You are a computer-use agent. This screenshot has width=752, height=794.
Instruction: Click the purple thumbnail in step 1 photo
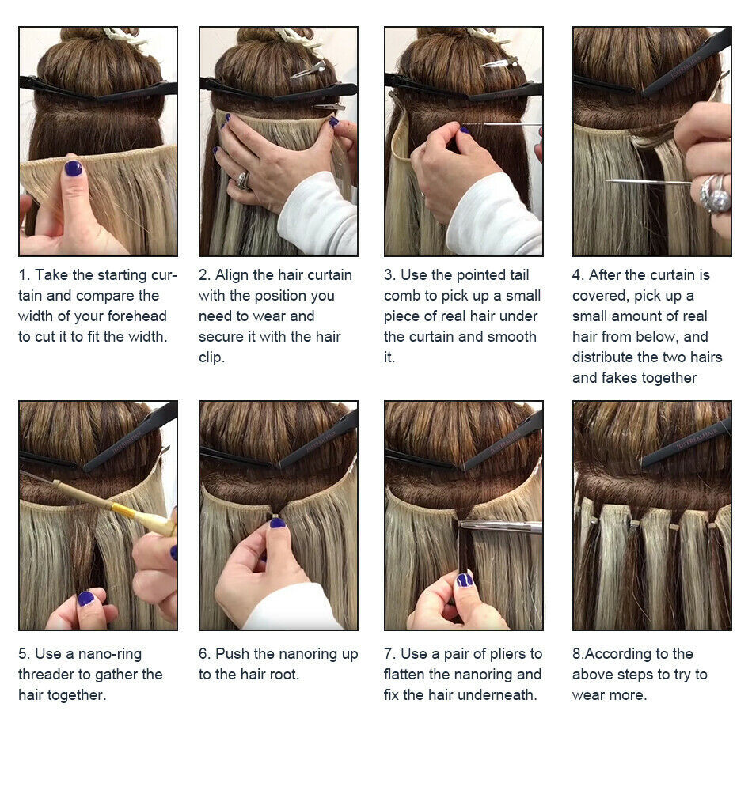point(74,168)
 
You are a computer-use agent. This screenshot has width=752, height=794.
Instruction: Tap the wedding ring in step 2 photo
point(243,180)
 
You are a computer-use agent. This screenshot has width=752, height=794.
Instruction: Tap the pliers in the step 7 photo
point(500,527)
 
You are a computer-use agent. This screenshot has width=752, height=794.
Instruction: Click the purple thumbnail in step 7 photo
point(464,580)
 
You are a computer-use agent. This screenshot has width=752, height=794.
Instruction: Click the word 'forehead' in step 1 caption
point(137,316)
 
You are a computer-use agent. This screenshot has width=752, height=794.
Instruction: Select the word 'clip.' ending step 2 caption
point(211,357)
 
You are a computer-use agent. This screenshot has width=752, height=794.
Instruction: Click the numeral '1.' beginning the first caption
point(25,275)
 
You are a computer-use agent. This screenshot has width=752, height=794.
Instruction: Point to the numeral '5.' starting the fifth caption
point(25,654)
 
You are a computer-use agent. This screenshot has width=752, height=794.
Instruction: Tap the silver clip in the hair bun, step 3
point(499,63)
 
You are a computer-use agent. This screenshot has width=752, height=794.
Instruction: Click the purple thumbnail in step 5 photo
point(86,599)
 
